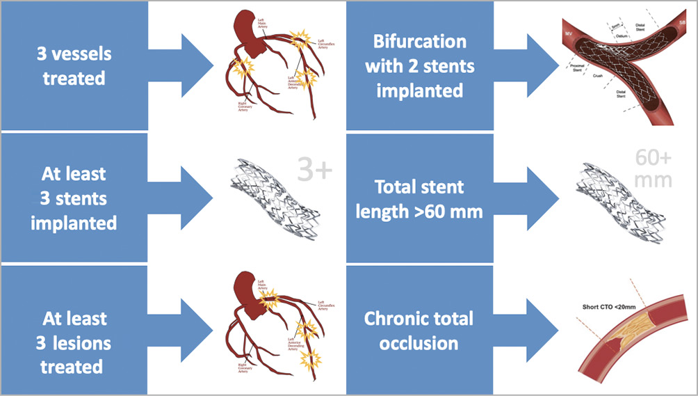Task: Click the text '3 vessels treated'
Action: (74, 66)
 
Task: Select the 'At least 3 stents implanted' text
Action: (74, 198)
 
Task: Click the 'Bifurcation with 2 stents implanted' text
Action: (419, 66)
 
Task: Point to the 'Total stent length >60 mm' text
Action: (419, 198)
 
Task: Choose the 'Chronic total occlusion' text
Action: (419, 331)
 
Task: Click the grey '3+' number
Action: (316, 169)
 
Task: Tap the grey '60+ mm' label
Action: (653, 169)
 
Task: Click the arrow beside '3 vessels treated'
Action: (197, 65)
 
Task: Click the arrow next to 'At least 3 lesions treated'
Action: (197, 330)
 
